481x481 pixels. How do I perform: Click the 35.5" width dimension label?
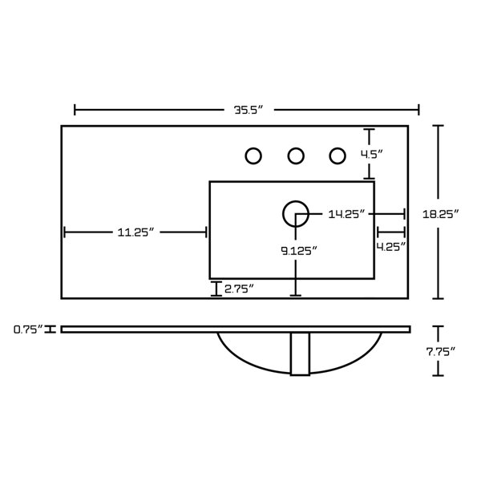[249, 110]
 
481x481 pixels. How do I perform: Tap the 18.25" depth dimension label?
[440, 214]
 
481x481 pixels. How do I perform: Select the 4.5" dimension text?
[372, 154]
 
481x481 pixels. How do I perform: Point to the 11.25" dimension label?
[135, 232]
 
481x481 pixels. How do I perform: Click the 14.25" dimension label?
[346, 214]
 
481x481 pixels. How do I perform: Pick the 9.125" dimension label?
[299, 251]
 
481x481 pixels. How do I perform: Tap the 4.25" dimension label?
[391, 247]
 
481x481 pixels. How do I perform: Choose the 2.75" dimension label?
[239, 289]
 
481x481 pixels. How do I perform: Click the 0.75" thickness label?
[28, 329]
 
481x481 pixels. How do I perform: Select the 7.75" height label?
[440, 352]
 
